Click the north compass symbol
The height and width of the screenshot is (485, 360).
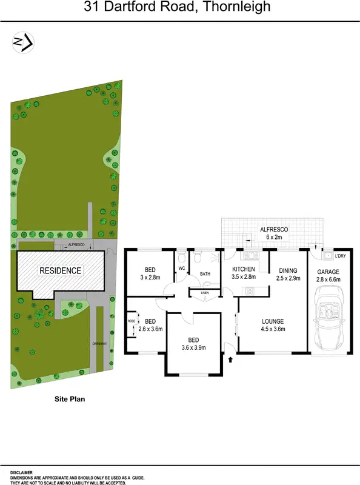coord(23,42)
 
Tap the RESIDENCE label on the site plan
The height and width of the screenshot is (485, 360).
coord(60,270)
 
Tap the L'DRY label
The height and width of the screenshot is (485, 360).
coord(340,256)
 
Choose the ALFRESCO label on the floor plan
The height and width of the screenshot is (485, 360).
coord(274,230)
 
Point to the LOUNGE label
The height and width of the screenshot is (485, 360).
coord(274,321)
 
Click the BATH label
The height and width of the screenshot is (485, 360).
coord(205,274)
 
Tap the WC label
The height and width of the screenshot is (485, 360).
coord(181,268)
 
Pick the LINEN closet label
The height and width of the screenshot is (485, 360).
coord(205,293)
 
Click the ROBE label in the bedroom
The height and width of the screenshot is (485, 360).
coord(131,321)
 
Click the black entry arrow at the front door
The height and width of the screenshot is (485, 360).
coord(230,360)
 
